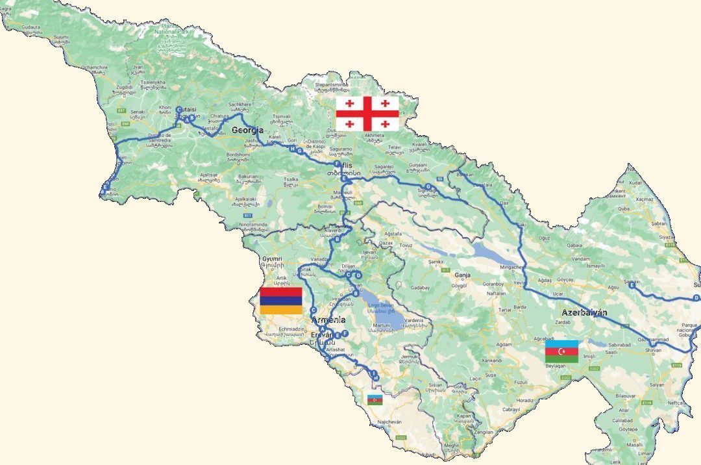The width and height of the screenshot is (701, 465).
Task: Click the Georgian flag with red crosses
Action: (x=367, y=114)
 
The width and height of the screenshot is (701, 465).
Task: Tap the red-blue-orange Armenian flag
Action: (x=280, y=301)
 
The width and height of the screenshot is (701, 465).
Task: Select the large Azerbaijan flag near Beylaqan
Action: (x=561, y=351)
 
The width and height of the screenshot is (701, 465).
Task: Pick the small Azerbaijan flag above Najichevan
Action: (x=375, y=399)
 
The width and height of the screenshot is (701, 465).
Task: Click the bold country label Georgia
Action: (x=248, y=131)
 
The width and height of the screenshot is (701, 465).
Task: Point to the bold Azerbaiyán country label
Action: (x=584, y=312)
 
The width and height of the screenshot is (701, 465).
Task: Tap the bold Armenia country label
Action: (x=328, y=320)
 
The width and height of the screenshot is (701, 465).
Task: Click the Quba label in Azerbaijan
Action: (x=623, y=209)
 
